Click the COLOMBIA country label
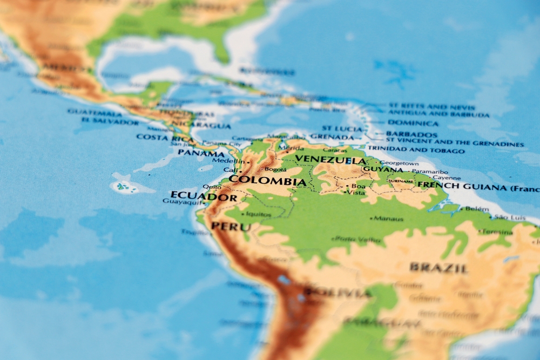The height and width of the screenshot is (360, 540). [267, 181]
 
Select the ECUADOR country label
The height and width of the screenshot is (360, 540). [204, 196]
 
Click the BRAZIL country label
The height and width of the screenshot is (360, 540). [438, 268]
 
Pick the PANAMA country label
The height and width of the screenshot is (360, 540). [201, 153]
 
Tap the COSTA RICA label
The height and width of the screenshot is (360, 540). [165, 138]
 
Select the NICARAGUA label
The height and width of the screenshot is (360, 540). [208, 126]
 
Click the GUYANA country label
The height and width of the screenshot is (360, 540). [383, 169]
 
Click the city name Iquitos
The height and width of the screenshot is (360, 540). [258, 214]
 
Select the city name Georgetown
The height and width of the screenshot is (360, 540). [400, 162]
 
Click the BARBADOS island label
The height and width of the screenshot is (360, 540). [411, 134]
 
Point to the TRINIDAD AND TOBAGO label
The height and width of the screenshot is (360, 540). [416, 150]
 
